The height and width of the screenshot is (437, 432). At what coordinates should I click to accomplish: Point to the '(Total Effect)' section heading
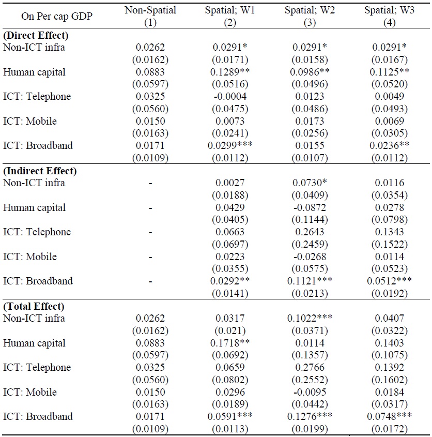34,306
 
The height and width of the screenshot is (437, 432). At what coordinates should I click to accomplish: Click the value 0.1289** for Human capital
230,72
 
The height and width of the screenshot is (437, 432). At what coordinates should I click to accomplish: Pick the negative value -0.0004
230,96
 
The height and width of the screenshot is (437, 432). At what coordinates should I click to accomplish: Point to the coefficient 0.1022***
310,318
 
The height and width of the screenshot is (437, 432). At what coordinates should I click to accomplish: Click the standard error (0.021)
230,329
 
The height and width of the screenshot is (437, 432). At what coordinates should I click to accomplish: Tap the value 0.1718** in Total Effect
230,343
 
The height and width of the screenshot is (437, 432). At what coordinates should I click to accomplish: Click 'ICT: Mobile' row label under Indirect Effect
30,257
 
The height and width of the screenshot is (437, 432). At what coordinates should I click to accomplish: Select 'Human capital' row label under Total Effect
35,343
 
